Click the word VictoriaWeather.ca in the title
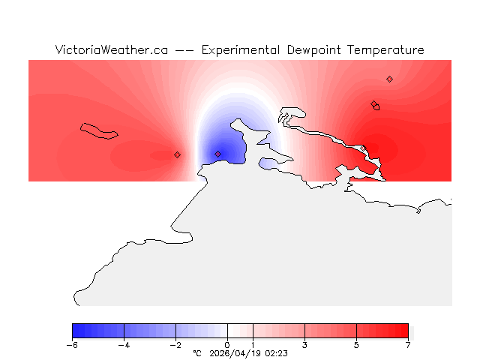point(111,50)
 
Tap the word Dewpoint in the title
point(316,50)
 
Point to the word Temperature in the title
point(387,50)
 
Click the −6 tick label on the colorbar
point(72,345)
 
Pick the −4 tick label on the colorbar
point(124,345)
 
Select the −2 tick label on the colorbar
point(175,345)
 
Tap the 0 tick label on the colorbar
point(227,345)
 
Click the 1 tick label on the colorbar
point(253,345)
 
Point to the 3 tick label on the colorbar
point(305,345)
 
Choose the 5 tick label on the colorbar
point(357,345)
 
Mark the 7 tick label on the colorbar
point(408,345)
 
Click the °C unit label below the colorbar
point(197,352)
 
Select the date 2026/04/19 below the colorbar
point(236,352)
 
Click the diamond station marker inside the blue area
point(218,154)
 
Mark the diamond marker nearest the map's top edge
point(389,79)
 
